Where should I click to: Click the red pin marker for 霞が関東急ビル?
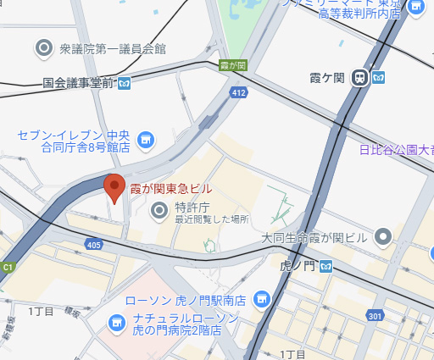point(114,186)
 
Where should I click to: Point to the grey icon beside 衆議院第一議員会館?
point(44,49)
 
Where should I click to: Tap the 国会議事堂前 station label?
point(80,83)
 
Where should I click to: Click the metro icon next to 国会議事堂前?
point(125,83)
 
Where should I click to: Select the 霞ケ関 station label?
point(329,77)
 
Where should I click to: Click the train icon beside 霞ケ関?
point(360,77)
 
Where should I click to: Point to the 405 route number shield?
point(93,244)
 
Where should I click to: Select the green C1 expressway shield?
point(8,267)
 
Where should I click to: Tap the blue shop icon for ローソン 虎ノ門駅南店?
point(262,298)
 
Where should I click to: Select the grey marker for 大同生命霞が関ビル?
point(383,235)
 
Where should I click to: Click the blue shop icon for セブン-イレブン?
point(145,139)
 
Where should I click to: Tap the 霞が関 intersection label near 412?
point(232,65)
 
